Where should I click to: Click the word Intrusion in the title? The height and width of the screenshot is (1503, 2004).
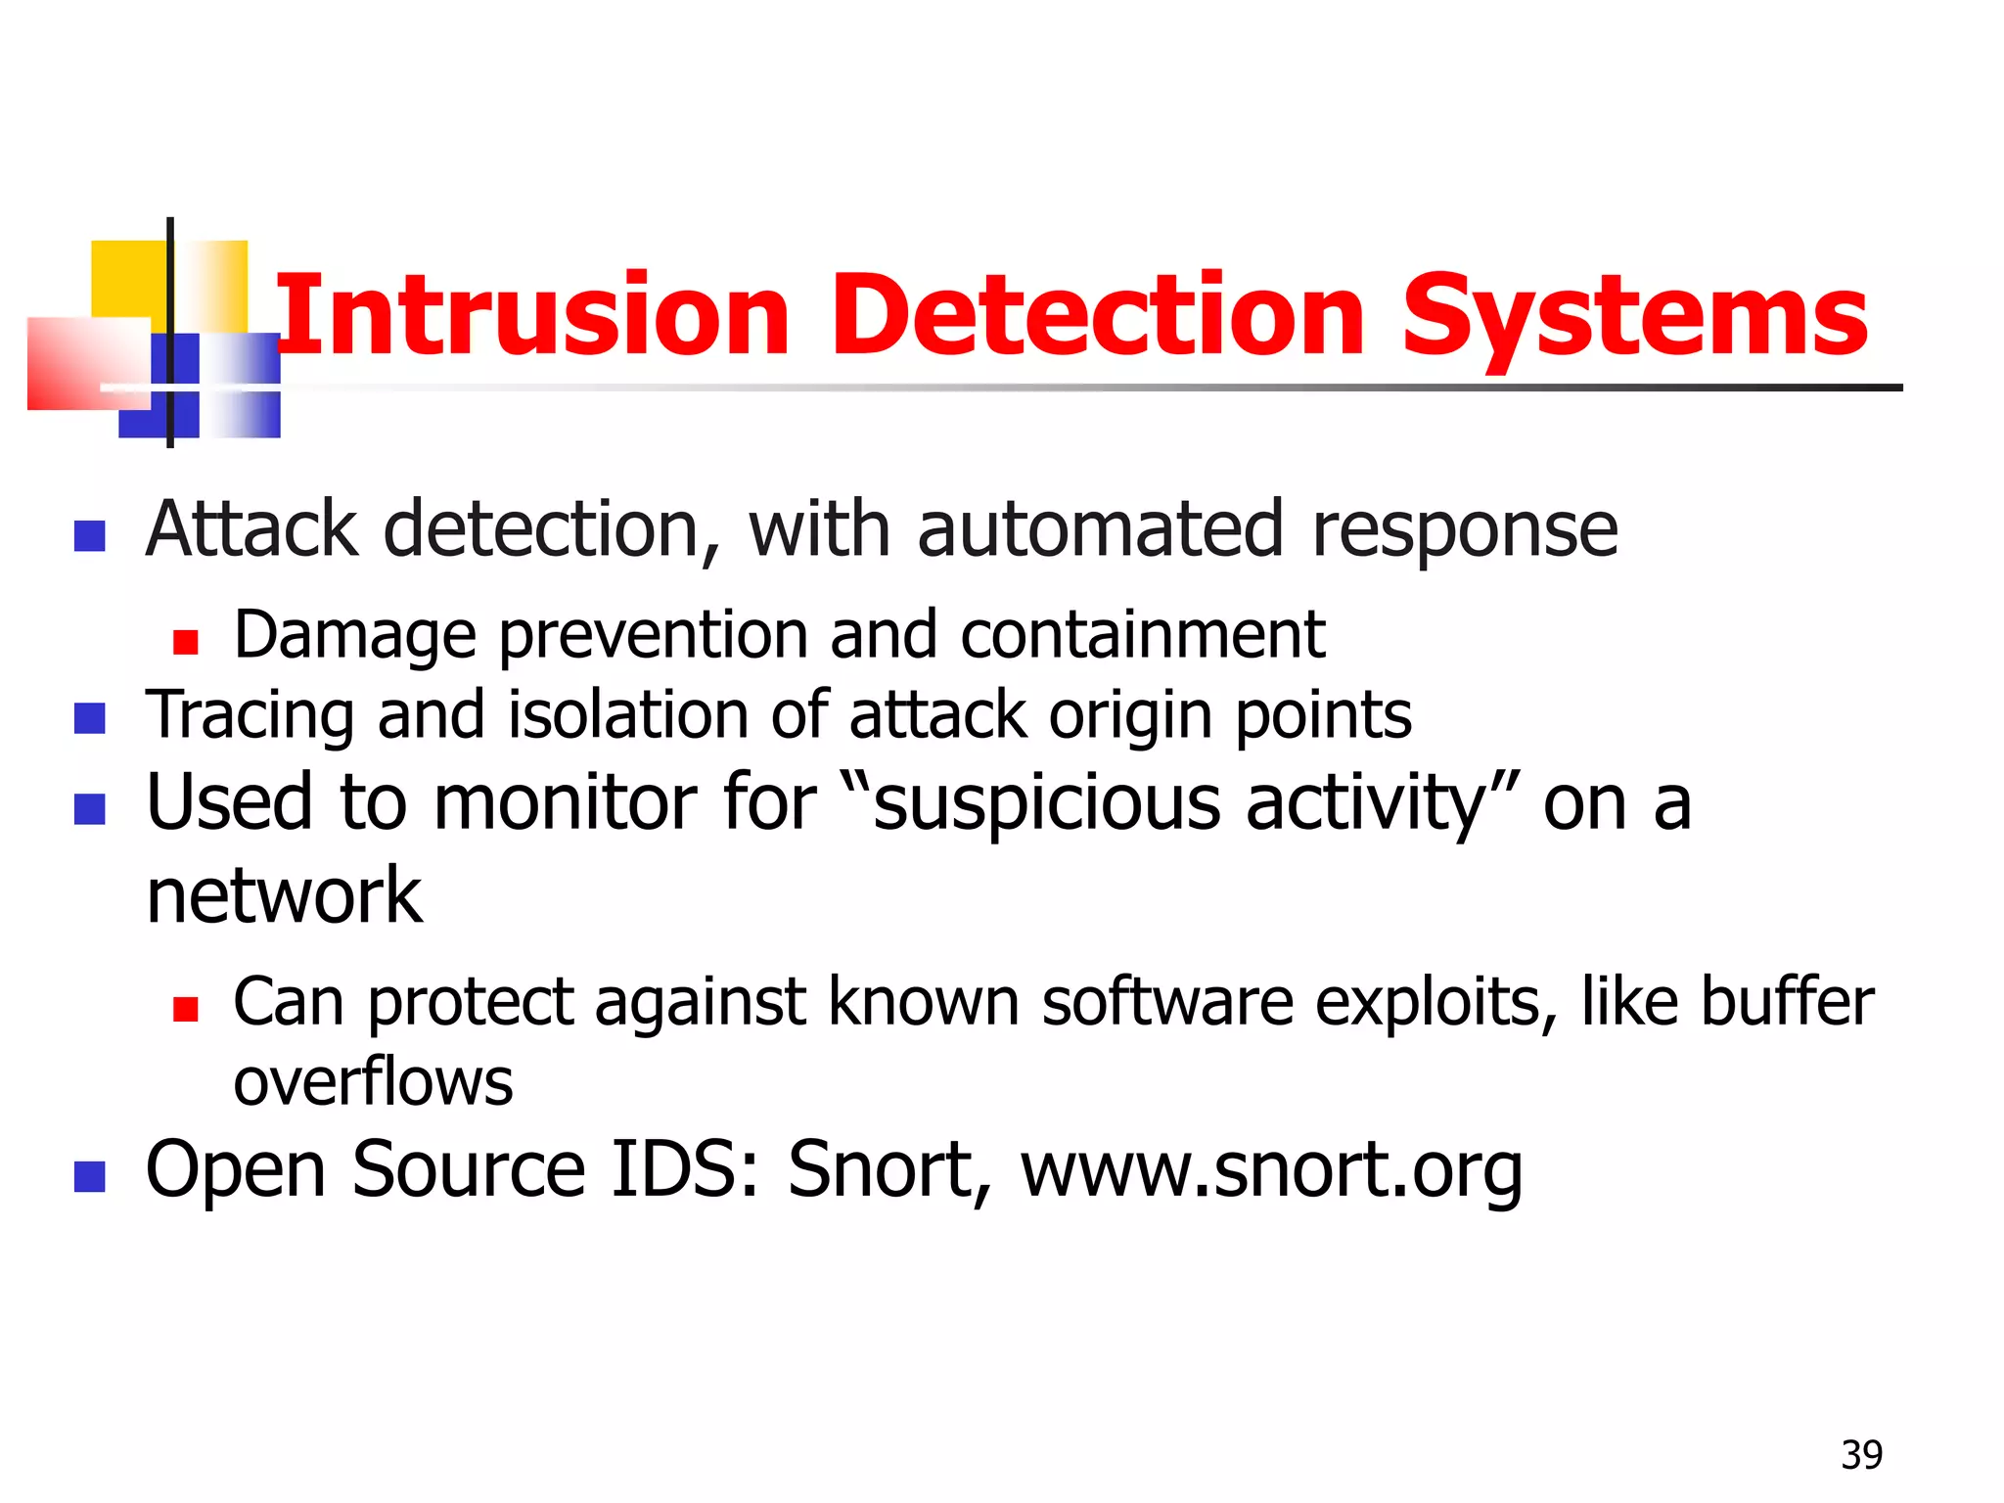point(533,316)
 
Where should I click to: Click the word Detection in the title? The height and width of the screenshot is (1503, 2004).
point(1097,316)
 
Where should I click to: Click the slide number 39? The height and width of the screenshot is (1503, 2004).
point(1861,1455)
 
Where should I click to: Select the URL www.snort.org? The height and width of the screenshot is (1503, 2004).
point(1271,1169)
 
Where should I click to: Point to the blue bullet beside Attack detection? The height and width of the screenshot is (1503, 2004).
point(90,535)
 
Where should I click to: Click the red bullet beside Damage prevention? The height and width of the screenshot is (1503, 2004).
point(185,642)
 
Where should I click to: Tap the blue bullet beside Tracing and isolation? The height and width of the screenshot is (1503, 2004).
point(90,718)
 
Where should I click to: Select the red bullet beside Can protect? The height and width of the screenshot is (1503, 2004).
point(185,1009)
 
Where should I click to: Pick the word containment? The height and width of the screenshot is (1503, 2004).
point(1142,635)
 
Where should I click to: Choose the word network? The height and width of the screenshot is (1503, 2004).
point(284,895)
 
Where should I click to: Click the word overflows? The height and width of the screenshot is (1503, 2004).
point(373,1082)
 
